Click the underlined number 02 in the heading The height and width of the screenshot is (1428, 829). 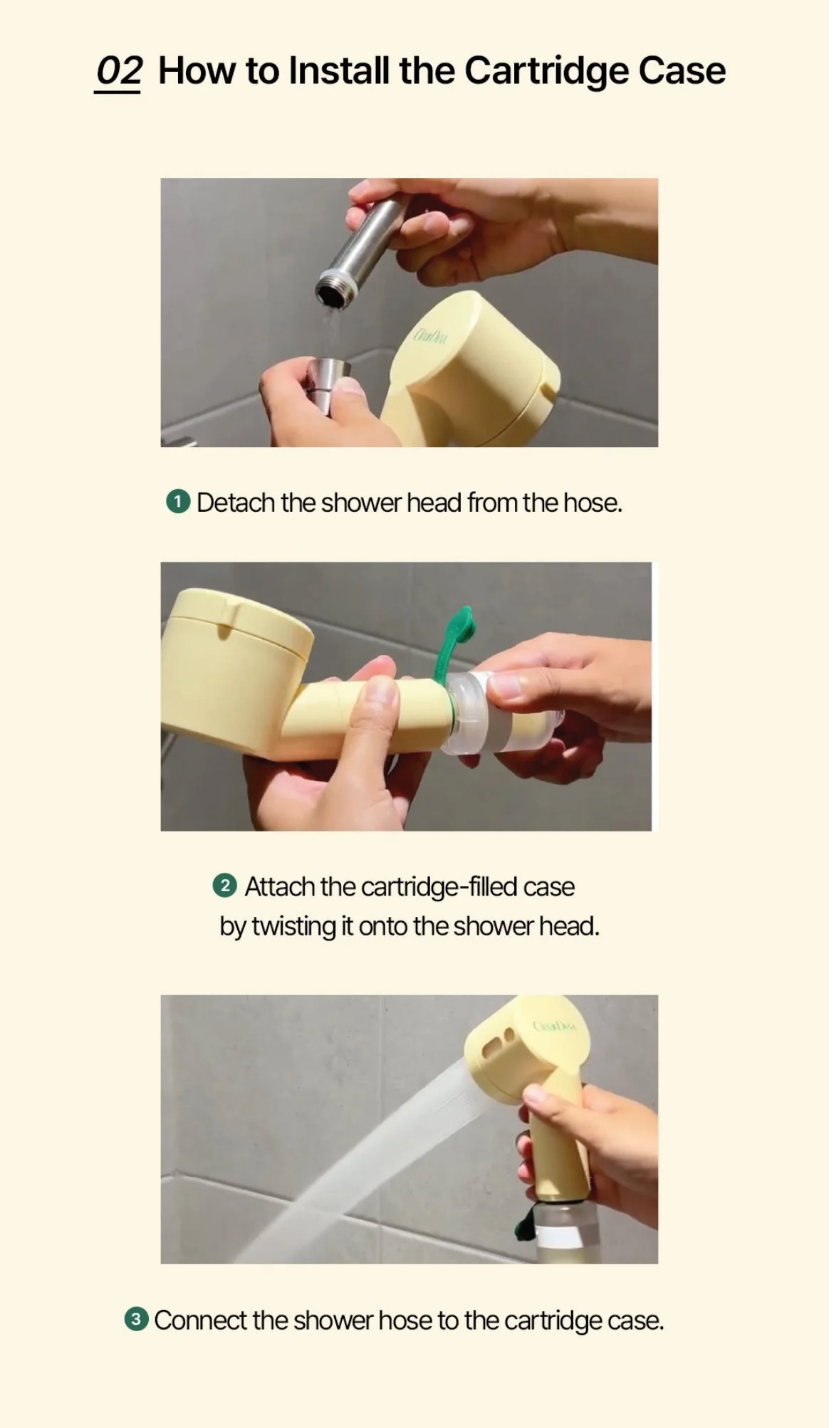[119, 72]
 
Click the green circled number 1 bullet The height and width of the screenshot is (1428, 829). [178, 502]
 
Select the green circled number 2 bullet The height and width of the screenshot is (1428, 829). [225, 886]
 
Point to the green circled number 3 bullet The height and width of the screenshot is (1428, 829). [137, 1319]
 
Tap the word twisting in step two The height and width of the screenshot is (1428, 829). [294, 927]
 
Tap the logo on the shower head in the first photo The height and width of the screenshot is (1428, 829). [430, 335]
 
